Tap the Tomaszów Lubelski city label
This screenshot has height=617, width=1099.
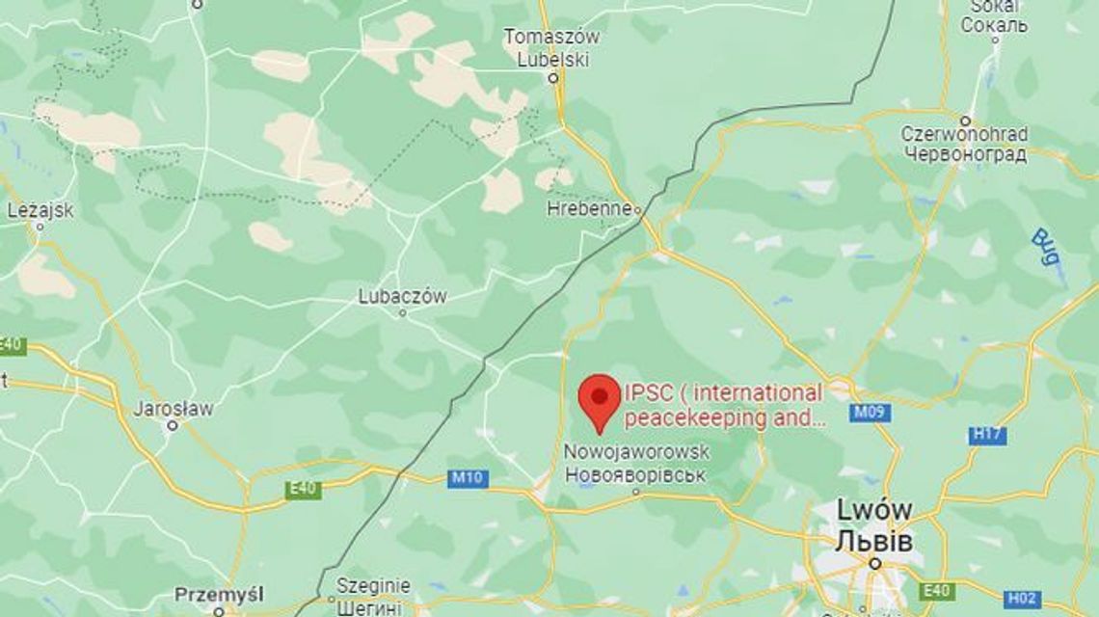point(552,46)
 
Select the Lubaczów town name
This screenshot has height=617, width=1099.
point(402,297)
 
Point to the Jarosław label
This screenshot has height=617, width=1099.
point(174,408)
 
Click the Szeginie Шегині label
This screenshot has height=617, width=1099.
point(373,596)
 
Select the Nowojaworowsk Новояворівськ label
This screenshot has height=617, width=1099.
point(636,464)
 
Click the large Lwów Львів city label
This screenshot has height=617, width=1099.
point(875,525)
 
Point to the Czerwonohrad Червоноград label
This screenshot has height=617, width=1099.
point(964,143)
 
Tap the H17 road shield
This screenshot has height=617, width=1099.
point(987,434)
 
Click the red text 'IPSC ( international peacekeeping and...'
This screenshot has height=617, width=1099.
point(724,406)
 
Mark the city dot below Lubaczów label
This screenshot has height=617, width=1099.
point(403,312)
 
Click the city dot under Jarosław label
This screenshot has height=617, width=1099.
point(173,424)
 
